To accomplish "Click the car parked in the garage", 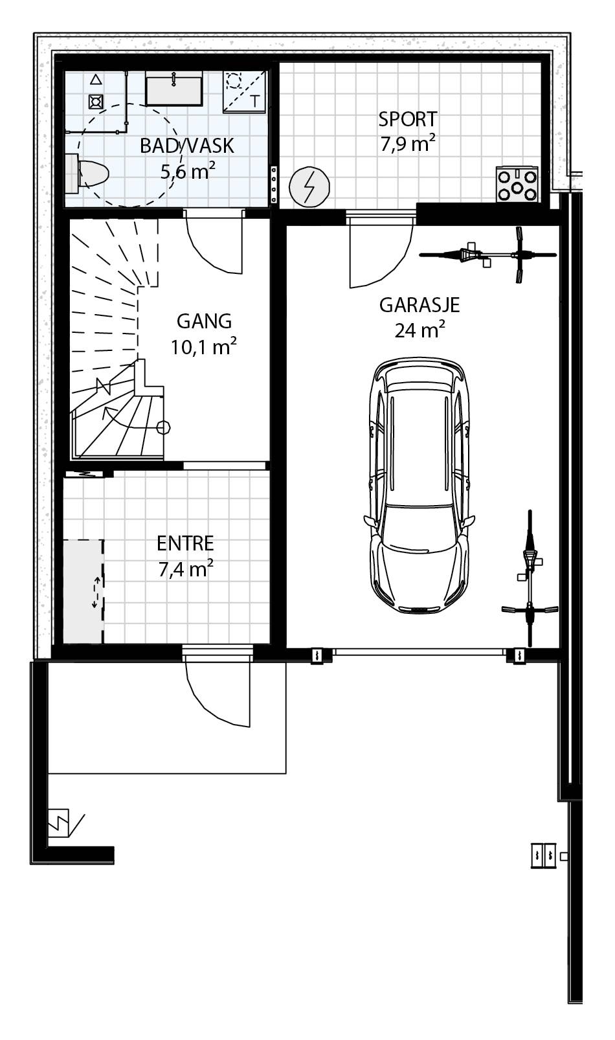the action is click(419, 485).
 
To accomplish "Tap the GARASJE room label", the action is click(419, 306).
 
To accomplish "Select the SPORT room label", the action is click(408, 119).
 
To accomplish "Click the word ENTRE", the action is click(185, 543).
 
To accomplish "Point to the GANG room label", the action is click(204, 321).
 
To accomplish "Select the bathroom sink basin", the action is click(174, 88).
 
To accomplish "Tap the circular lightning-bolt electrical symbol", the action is click(309, 187).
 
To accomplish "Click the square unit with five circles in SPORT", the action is click(517, 185).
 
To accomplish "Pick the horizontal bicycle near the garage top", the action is click(488, 254).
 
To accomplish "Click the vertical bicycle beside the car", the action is click(530, 578).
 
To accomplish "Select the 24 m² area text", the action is click(420, 330).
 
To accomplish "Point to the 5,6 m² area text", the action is click(188, 172).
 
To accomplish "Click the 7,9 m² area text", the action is click(408, 144).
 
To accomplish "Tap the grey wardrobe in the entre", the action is click(83, 591).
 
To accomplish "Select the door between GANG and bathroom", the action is click(214, 242).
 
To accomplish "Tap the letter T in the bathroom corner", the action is click(256, 101).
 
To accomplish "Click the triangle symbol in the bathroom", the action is click(96, 80).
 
